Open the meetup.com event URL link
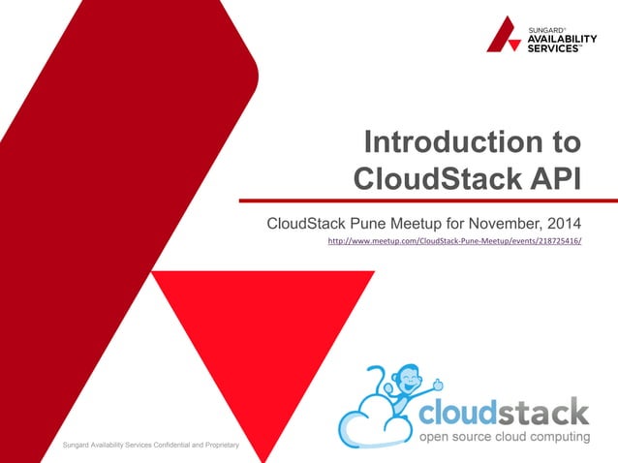(x=455, y=241)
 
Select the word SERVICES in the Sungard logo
(x=554, y=48)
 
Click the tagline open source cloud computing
(x=503, y=438)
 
